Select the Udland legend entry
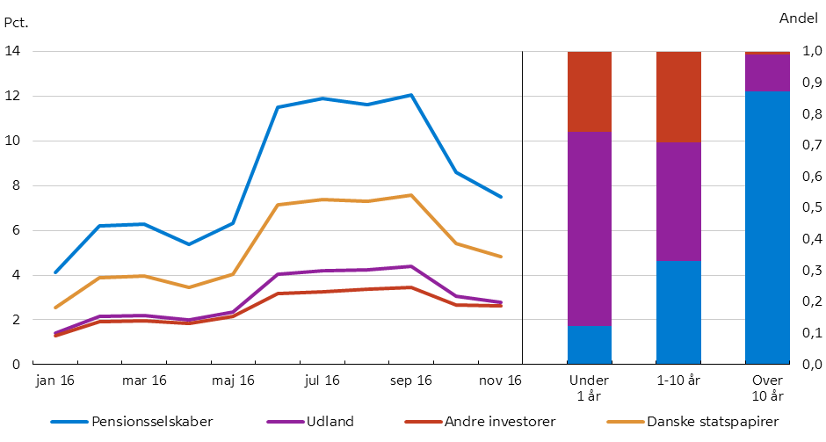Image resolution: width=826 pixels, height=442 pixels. [x=330, y=422]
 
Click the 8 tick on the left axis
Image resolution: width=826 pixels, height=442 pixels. [x=16, y=185]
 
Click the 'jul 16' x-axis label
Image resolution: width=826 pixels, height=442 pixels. [x=322, y=380]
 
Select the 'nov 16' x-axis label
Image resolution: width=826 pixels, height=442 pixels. [x=500, y=380]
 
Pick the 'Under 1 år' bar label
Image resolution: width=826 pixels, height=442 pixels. [x=589, y=388]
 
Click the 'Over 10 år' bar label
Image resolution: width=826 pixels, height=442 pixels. [x=767, y=388]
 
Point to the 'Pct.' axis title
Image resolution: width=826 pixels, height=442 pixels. [x=17, y=20]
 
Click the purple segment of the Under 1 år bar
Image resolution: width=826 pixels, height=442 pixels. [x=589, y=228]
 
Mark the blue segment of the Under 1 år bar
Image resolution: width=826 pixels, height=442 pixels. [x=589, y=344]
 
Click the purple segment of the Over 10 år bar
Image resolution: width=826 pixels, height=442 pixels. [x=767, y=72]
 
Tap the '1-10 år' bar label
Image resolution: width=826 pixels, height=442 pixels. [x=678, y=380]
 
